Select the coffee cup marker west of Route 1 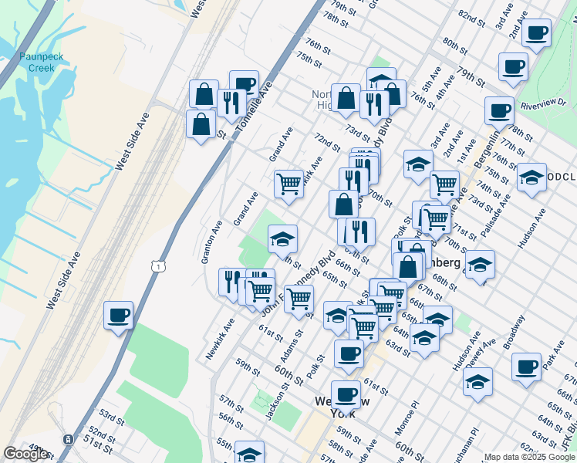tap(118, 315)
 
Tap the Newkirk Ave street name tap(220, 340)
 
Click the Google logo tap(25, 454)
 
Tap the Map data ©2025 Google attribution tap(530, 457)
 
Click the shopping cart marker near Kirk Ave tap(288, 184)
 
